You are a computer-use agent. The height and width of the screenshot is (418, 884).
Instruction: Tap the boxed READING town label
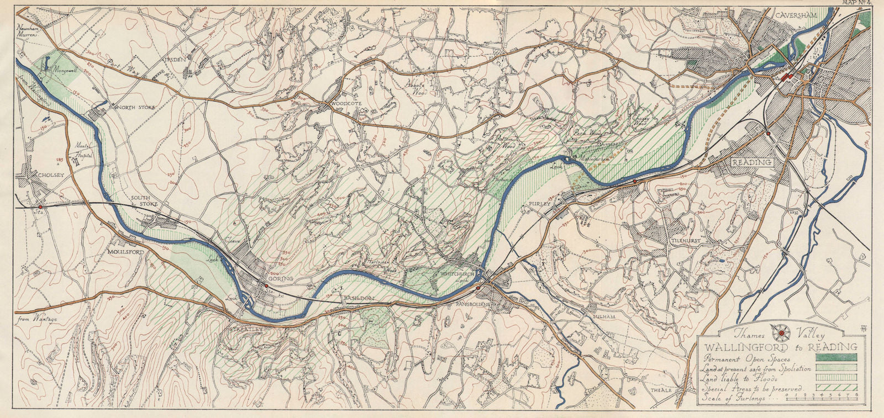(751, 163)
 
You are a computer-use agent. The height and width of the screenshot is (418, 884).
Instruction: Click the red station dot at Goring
(266, 285)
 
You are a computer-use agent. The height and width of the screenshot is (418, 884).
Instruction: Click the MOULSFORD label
(126, 252)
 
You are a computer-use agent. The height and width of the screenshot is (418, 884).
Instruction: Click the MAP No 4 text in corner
(859, 3)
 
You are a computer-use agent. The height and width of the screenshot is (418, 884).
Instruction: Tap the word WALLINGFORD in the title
(736, 347)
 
